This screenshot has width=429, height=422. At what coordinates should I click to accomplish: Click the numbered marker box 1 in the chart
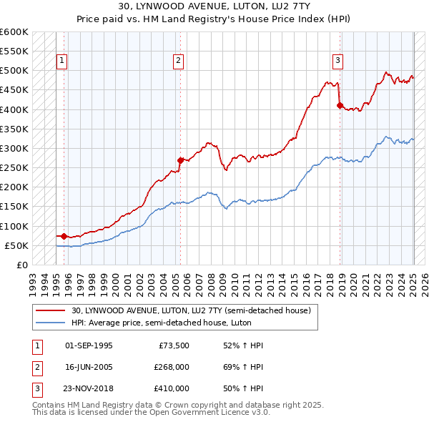point(62,62)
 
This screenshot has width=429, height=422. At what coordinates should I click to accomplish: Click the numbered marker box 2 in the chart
point(178,62)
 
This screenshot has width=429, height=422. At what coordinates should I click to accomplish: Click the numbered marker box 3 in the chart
point(337,62)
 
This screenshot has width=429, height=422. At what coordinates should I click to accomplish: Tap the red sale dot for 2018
point(340,106)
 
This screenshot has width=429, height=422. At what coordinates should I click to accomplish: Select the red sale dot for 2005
point(181,160)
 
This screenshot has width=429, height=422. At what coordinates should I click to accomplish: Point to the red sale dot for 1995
point(64,236)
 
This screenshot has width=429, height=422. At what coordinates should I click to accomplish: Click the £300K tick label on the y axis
point(14,148)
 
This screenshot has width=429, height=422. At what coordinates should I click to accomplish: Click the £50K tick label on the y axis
point(16,245)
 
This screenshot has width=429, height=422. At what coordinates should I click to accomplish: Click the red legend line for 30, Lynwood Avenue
point(51,311)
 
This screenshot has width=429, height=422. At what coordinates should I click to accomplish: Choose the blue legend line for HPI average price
point(51,323)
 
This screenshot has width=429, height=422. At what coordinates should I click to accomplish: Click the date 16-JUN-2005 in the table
point(89,367)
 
